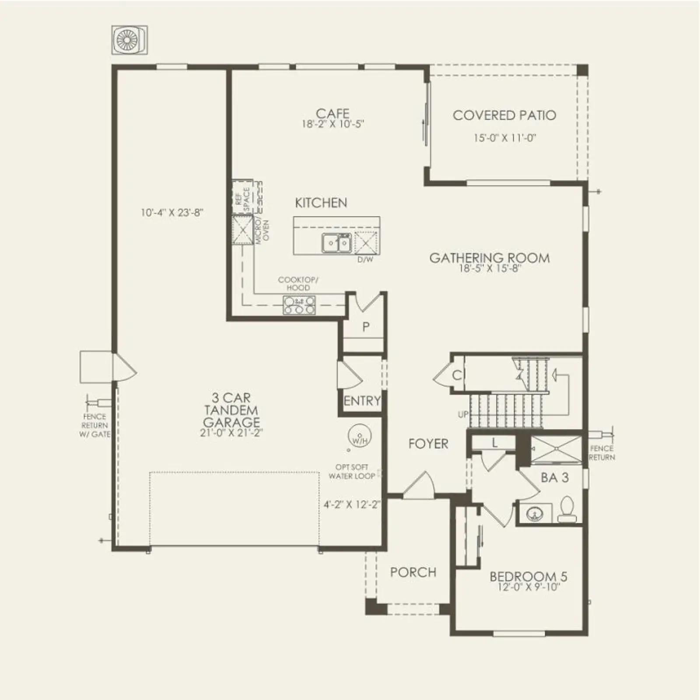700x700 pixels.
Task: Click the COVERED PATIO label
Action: pos(504,115)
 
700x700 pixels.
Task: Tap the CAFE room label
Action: pos(332,113)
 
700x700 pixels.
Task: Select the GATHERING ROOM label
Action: pos(490,258)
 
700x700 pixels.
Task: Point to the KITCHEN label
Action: pos(321,203)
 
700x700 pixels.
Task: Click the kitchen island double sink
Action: pos(337,243)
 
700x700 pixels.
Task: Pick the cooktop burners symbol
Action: pos(299,305)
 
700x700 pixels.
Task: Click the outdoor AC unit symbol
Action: pos(129,40)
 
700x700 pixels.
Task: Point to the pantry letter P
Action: pos(366,326)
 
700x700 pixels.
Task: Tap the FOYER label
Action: pos(428,444)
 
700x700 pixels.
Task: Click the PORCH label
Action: pos(413,572)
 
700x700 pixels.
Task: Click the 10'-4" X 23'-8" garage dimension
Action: pos(172,213)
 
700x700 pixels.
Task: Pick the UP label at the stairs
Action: pos(463,414)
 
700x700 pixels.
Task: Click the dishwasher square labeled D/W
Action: pos(365,243)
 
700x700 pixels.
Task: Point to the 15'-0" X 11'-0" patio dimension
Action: pos(505,138)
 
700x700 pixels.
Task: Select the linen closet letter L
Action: pos(494,443)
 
